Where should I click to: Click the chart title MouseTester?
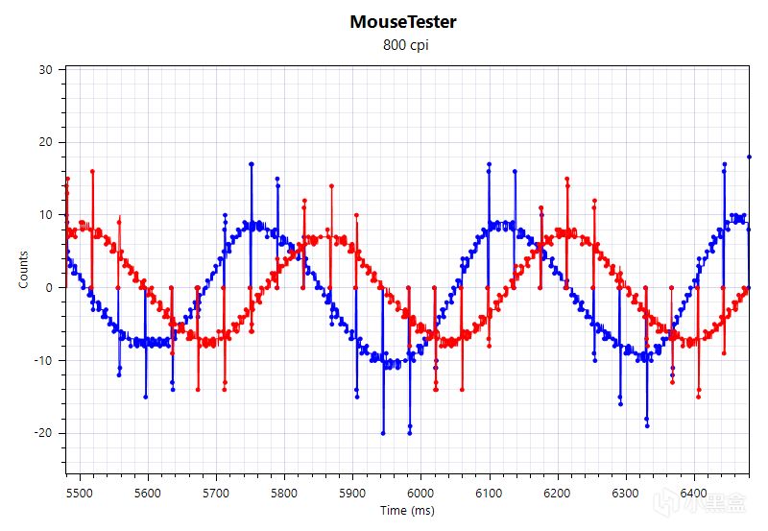403,21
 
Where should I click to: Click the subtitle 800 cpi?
403,44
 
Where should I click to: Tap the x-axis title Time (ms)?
407,510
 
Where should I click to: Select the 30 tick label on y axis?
46,69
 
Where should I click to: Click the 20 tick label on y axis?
46,142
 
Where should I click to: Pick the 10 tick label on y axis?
46,215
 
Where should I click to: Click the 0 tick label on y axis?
50,287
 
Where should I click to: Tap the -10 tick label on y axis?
44,360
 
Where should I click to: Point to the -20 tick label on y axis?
44,433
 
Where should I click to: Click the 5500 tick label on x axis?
79,493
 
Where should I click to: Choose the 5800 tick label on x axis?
284,493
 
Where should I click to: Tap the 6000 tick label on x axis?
420,493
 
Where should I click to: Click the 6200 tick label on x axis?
558,493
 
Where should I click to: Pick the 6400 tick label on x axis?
694,493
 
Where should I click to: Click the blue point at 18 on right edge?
749,157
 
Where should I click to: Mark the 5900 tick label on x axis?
352,493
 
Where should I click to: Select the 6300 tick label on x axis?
626,493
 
